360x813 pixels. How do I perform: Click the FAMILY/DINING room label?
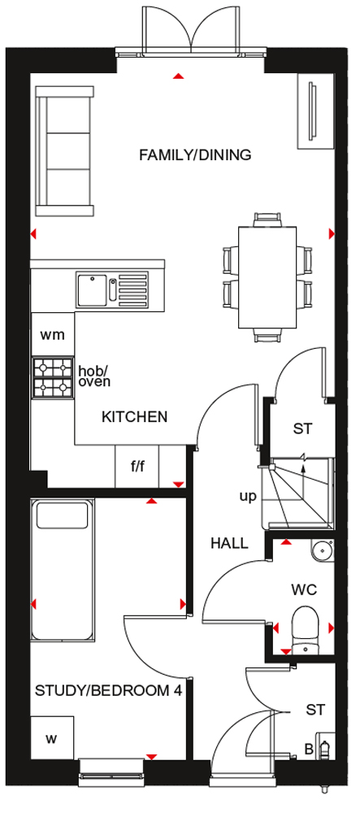195,154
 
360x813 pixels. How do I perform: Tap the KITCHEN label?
135,416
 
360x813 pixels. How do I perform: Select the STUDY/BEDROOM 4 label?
108,690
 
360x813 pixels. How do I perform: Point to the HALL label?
229,543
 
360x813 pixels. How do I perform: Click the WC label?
304,589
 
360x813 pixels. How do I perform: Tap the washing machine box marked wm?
53,334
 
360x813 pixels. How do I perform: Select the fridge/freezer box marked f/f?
137,467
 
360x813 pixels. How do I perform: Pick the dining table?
267,277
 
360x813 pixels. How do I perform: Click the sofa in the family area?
65,151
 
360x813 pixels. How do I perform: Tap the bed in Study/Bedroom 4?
63,571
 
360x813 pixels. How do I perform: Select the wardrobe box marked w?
52,738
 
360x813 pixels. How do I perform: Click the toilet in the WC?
305,631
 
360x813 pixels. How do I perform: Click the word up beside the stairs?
248,498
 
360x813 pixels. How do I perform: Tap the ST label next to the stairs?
304,428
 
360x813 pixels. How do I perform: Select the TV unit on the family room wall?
314,111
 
